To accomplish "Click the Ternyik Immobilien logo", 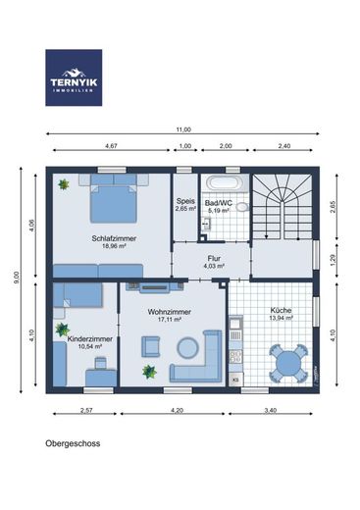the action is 74,77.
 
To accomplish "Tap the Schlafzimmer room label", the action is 114,238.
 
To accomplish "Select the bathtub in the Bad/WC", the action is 226,182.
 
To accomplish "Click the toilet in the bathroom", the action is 242,207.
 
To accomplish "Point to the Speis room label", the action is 185,201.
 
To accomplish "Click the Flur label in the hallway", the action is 214,259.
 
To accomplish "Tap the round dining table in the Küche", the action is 288,363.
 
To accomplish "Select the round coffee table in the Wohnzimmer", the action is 187,347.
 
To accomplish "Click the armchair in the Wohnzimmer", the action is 151,346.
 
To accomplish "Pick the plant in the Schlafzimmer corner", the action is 64,184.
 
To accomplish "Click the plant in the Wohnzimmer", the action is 149,372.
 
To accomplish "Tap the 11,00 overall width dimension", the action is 183,129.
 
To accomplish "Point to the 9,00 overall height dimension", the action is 17,278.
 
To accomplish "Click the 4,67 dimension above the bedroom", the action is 111,146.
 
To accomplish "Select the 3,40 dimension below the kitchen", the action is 271,410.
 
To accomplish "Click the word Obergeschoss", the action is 73,443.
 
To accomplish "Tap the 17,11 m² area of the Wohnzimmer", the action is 170,320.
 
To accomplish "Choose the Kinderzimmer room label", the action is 90,339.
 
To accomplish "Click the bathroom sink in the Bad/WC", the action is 207,224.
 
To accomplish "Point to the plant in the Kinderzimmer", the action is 62,330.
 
